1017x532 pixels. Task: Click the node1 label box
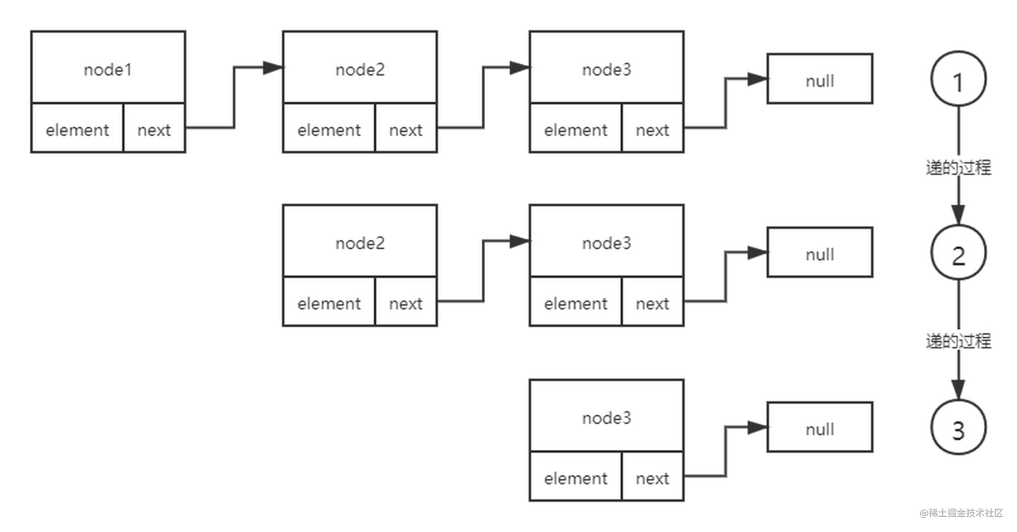(108, 69)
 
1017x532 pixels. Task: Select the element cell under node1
(77, 129)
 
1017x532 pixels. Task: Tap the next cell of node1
(154, 129)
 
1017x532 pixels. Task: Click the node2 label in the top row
(360, 69)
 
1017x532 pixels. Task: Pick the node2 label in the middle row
(360, 242)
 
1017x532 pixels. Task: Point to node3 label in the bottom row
(606, 417)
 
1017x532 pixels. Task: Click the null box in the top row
(819, 80)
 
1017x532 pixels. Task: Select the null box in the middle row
(819, 254)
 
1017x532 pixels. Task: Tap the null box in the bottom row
(819, 429)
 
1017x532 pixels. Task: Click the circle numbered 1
(958, 81)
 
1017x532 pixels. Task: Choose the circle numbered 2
(958, 254)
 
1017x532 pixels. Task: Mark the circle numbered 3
(958, 429)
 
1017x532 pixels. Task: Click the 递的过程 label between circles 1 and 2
(958, 167)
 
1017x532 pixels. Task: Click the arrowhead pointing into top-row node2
(272, 68)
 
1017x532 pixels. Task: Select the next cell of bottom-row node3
(652, 478)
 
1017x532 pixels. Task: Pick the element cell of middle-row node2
(329, 303)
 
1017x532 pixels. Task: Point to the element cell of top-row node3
(575, 129)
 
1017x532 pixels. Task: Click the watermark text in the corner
(960, 512)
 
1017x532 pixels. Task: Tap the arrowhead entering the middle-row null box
(757, 253)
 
